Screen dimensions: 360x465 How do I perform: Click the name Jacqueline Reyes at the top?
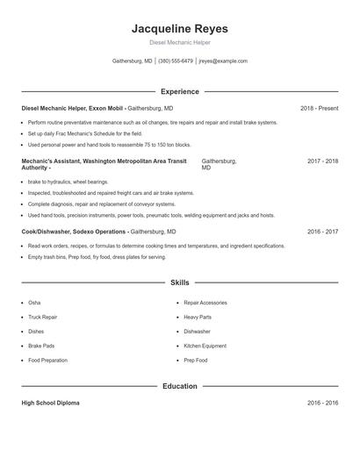179,29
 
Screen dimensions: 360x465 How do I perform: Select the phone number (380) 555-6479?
176,61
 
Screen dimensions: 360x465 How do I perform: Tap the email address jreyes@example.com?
223,61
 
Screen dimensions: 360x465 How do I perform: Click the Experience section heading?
179,91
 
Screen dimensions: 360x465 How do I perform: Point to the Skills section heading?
179,283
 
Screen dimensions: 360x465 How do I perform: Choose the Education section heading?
179,386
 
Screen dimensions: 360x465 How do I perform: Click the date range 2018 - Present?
319,108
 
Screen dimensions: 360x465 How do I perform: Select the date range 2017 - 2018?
322,161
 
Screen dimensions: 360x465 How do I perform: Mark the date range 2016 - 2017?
322,232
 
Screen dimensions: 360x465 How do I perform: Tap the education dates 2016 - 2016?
322,403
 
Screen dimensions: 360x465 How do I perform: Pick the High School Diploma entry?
50,403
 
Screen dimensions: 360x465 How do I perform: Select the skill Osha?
34,302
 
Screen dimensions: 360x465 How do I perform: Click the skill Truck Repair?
42,317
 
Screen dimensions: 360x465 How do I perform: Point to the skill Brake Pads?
41,346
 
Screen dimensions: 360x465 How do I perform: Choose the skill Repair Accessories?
205,302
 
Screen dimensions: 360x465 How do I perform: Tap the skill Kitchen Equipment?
205,346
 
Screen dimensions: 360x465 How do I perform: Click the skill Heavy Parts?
197,317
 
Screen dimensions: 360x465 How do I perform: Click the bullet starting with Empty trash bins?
97,257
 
